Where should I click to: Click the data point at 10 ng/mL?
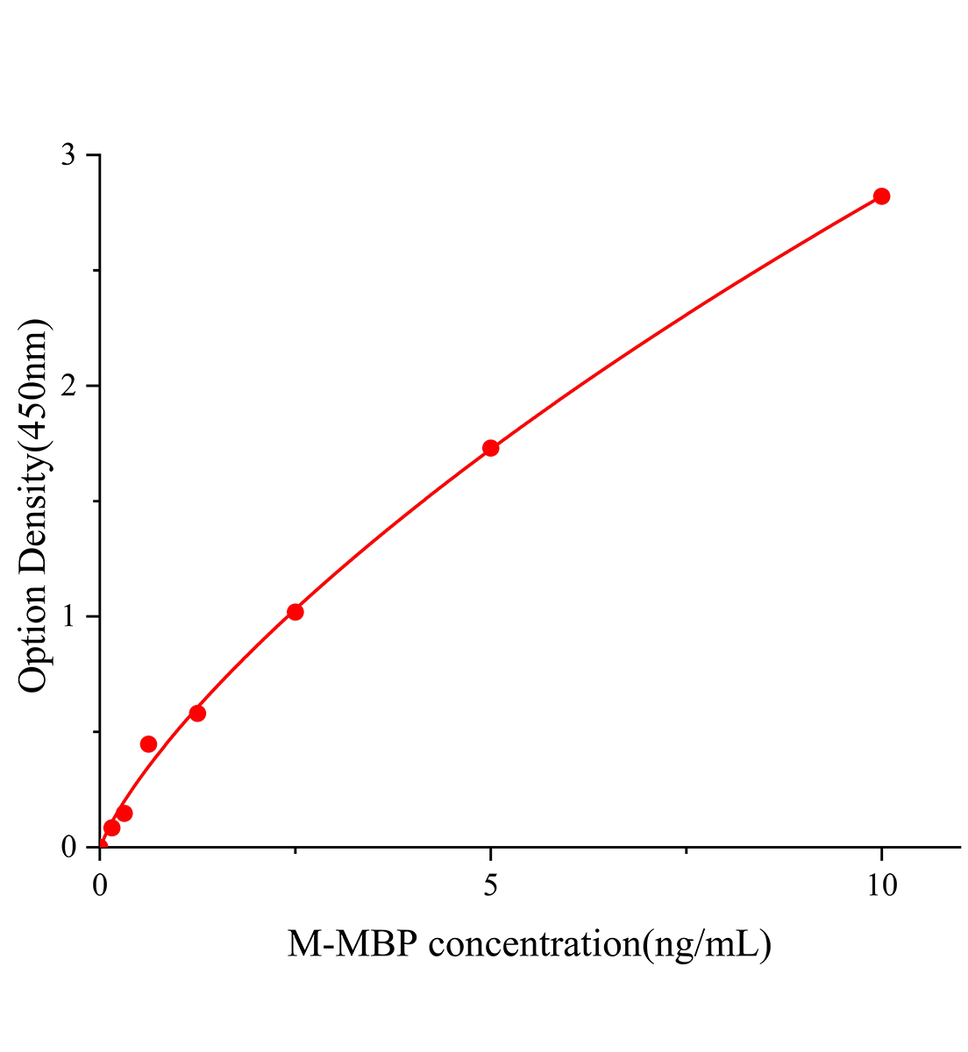click(881, 196)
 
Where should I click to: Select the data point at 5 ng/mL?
click(491, 448)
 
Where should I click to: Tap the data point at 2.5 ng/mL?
click(295, 612)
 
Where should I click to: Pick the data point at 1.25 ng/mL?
click(197, 714)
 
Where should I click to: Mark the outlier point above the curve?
click(148, 744)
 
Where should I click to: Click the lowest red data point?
click(111, 828)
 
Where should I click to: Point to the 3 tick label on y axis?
click(68, 155)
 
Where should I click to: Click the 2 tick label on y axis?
click(68, 386)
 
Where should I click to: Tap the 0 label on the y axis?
click(68, 847)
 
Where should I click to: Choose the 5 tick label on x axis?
click(491, 886)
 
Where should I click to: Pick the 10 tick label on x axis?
click(881, 886)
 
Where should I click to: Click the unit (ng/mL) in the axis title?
click(707, 945)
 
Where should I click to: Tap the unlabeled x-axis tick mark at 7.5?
click(687, 850)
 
